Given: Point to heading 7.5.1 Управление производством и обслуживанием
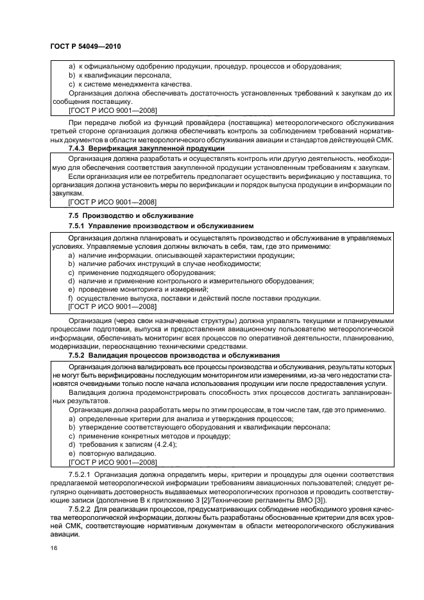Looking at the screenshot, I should tap(161, 226).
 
